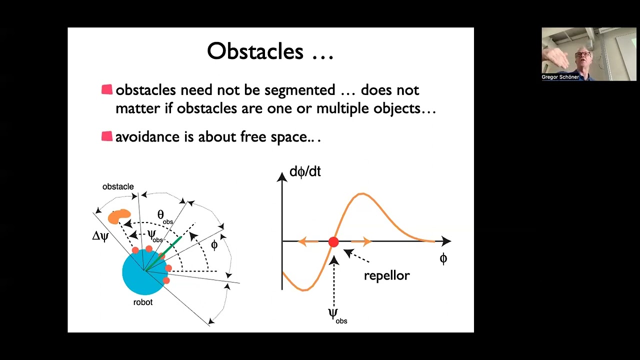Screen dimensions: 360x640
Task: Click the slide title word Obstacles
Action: click(255, 51)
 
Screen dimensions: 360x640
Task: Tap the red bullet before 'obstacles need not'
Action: click(107, 89)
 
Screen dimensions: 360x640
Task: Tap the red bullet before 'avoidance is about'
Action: click(107, 136)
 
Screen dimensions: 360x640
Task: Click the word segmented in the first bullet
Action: click(299, 90)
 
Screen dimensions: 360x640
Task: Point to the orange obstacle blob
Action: click(119, 216)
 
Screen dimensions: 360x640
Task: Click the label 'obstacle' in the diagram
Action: click(118, 186)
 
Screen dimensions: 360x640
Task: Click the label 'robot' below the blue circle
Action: click(143, 302)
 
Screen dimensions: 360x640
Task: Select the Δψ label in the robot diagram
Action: click(100, 236)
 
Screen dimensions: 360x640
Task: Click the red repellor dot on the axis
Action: click(333, 242)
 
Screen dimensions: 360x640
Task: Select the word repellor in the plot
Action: click(386, 275)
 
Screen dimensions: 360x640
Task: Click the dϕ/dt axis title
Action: click(305, 172)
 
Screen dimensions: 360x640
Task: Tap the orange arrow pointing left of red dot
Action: click(307, 242)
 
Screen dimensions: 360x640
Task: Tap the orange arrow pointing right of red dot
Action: click(361, 242)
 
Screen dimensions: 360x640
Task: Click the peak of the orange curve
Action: click(362, 193)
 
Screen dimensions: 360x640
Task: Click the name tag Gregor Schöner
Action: click(560, 77)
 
